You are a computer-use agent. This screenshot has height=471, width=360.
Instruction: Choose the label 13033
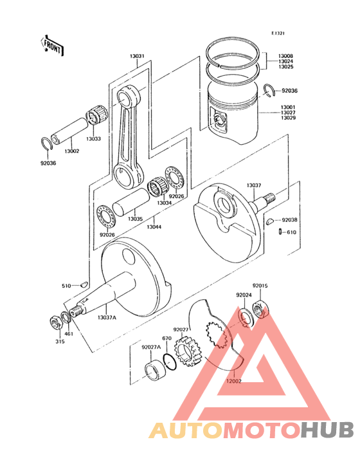click(94, 138)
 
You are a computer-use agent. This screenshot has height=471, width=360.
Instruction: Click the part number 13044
click(154, 227)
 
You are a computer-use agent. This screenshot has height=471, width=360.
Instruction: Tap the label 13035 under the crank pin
click(135, 219)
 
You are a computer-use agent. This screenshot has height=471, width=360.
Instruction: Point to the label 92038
click(290, 219)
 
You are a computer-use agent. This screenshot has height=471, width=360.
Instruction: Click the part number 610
click(291, 232)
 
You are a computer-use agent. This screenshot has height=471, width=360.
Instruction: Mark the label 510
click(66, 286)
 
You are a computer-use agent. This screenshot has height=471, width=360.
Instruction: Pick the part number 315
click(60, 341)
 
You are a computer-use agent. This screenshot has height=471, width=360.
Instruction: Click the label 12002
click(233, 381)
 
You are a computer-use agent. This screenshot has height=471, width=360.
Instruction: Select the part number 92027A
click(151, 347)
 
